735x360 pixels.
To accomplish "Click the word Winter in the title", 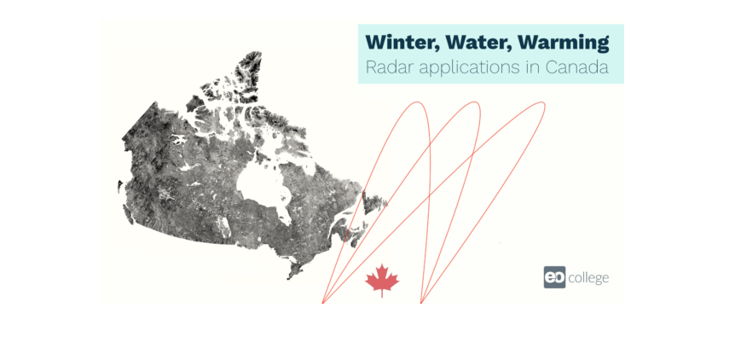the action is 402,43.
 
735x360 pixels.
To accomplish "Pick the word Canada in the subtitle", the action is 577,67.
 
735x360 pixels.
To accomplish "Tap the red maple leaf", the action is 382,279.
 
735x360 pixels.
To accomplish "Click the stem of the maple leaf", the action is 382,294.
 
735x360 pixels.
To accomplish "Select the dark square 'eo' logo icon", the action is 554,277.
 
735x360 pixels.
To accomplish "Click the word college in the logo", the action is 588,278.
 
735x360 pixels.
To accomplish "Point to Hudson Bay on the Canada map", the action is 258,184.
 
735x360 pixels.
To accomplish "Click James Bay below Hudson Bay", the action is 284,213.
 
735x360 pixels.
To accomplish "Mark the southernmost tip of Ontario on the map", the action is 289,278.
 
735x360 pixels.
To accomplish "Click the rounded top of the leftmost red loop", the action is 416,102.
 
